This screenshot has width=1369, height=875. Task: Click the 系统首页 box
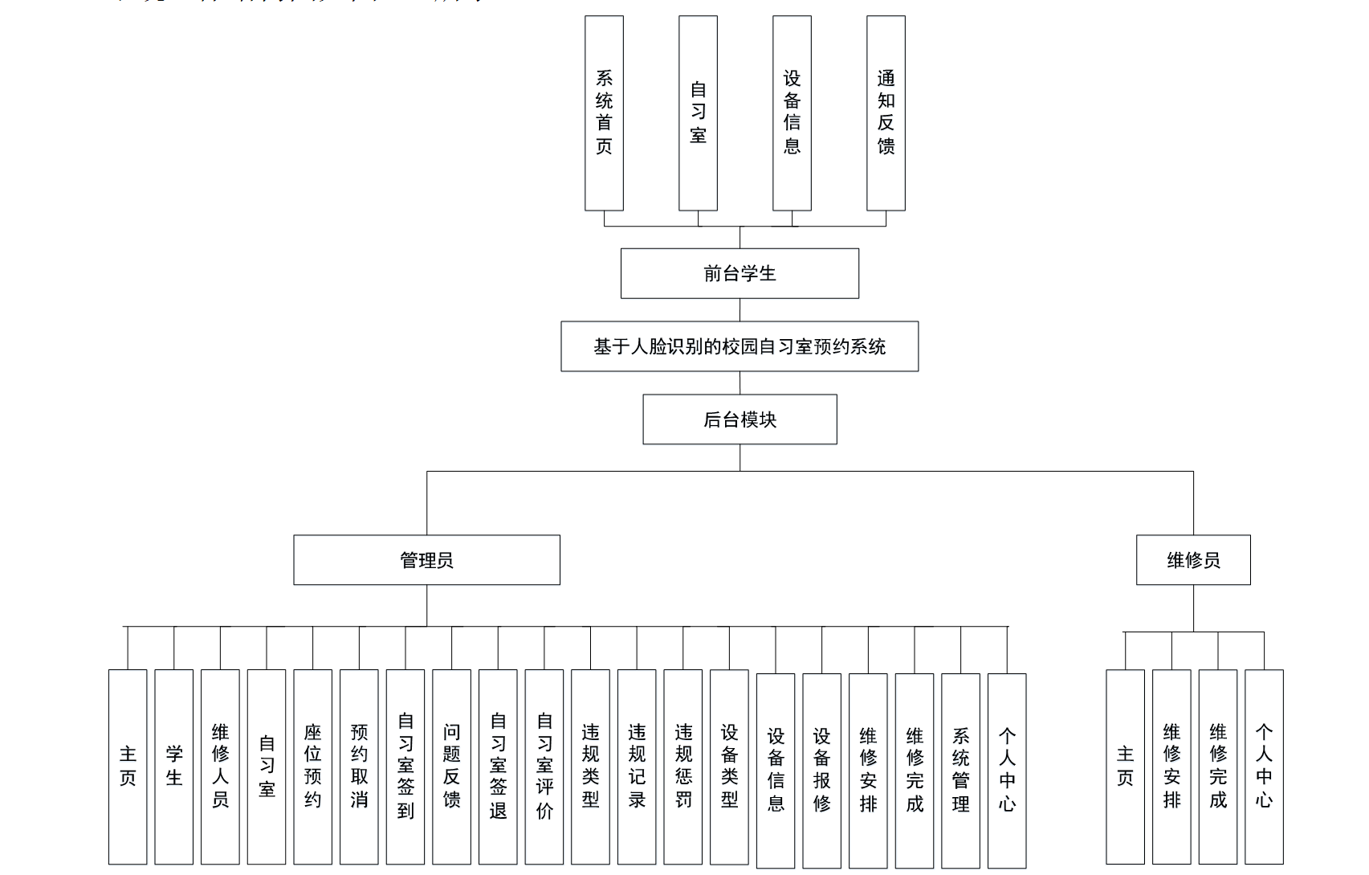(x=604, y=112)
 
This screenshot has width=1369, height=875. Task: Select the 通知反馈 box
(x=886, y=112)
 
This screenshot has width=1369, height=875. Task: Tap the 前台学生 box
(x=740, y=273)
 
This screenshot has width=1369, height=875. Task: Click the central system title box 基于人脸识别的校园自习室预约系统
(x=740, y=346)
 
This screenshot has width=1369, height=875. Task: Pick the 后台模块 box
(x=740, y=419)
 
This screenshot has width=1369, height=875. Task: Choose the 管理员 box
(x=426, y=560)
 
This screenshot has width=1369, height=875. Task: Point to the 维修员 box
(x=1193, y=560)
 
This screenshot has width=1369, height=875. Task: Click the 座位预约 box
(x=312, y=767)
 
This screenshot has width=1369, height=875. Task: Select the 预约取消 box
(x=359, y=767)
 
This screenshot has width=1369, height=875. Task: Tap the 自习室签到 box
(x=405, y=767)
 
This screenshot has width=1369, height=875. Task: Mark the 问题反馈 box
(x=451, y=767)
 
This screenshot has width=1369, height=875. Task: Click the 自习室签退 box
(x=498, y=767)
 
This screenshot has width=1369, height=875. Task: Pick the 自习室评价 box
(x=544, y=767)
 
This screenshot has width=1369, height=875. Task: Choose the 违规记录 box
(x=637, y=767)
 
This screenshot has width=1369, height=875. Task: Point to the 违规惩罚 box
(x=683, y=767)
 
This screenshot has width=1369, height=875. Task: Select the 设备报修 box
(x=821, y=771)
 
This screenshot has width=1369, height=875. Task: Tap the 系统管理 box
(x=960, y=771)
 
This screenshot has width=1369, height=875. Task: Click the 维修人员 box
(x=220, y=767)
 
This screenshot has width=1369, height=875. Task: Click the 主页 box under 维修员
(x=1125, y=767)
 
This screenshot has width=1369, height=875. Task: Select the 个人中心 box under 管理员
(x=1007, y=771)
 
